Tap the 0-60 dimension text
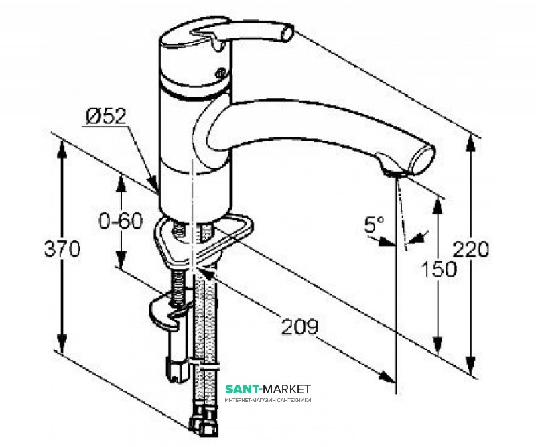121,220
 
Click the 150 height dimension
439,269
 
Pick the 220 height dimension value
473,249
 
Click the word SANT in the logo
241,389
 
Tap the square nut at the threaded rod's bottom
176,368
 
